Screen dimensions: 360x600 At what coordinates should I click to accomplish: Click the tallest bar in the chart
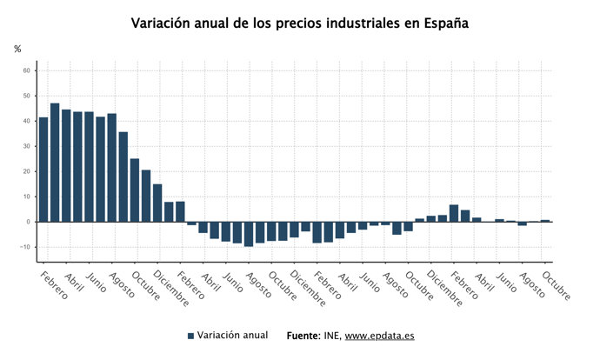pos(55,162)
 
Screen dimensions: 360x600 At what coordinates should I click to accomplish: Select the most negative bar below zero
pos(249,234)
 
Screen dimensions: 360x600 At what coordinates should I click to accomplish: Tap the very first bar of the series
pos(43,169)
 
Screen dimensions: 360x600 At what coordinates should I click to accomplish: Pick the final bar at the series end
pos(545,221)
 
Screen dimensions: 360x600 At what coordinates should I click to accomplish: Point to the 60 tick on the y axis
pos(27,70)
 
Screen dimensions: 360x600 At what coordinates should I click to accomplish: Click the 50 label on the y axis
pos(27,96)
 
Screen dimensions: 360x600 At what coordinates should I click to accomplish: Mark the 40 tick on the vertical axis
pos(27,121)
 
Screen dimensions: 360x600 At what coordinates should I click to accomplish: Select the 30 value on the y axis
pos(27,146)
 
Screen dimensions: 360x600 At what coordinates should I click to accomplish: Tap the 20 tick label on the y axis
pos(27,171)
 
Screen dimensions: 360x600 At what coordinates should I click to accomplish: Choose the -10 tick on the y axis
pos(25,247)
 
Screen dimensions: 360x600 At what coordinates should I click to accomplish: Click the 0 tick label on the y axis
pos(29,222)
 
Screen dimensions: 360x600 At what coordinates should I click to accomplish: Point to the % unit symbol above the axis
pos(17,49)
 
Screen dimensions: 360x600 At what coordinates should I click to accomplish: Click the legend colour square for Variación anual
pos(190,336)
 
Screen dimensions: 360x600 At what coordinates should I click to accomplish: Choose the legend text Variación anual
pos(232,335)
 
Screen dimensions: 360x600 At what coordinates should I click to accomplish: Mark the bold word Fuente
pos(303,336)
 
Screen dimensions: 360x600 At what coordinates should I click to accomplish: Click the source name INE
pos(333,336)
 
